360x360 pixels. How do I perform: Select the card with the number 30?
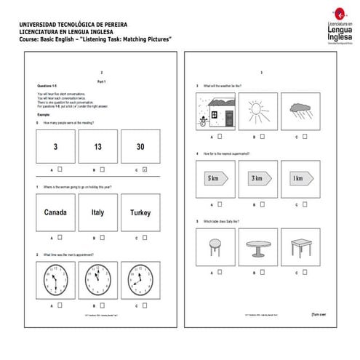click(x=140, y=148)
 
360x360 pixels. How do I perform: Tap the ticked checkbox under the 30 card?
click(x=145, y=170)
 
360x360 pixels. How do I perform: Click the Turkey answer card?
click(x=140, y=213)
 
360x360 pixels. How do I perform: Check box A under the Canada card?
click(x=60, y=236)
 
